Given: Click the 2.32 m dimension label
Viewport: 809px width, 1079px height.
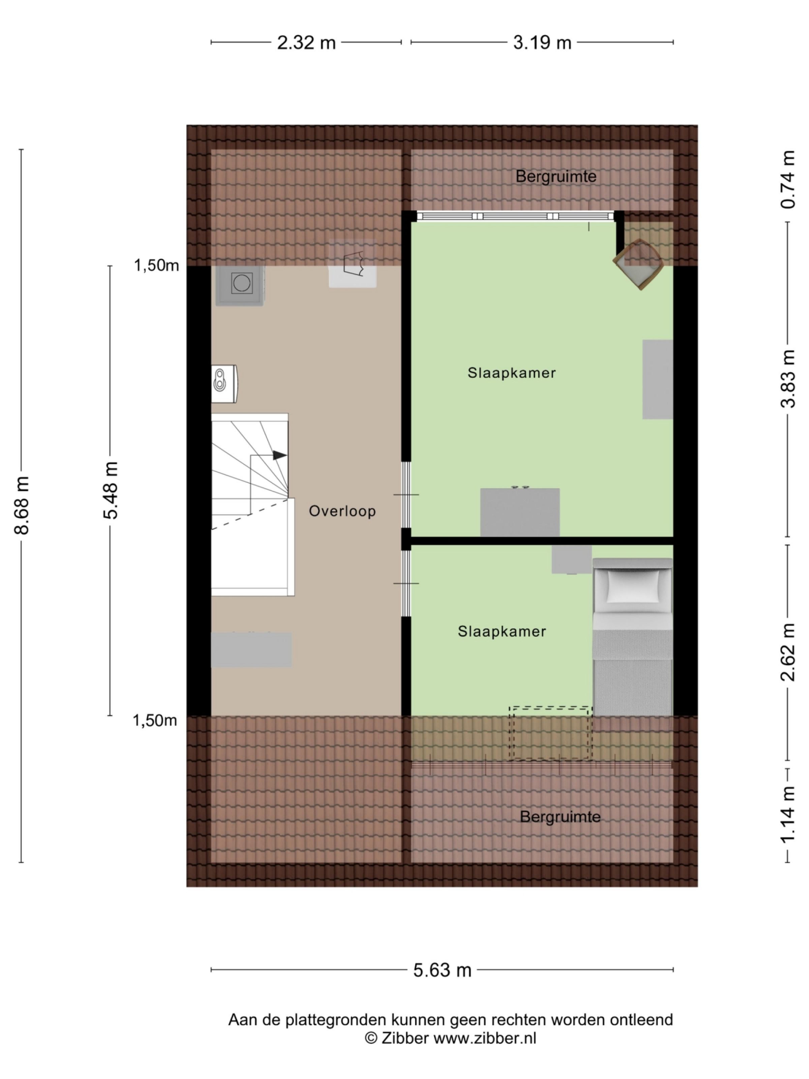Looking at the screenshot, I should tap(306, 43).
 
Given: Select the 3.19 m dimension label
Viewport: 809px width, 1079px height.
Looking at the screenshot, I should tap(542, 43).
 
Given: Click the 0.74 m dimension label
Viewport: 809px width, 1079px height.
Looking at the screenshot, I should tap(787, 179).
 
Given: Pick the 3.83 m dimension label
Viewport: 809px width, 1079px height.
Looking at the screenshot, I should tap(787, 379).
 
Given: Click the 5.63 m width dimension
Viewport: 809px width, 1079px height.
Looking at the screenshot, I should tap(442, 970).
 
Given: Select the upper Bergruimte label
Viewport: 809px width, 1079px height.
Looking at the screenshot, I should tap(556, 177).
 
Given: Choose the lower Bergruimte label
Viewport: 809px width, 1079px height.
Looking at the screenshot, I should tap(560, 817).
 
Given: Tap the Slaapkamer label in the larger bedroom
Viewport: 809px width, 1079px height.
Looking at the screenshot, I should tap(511, 373).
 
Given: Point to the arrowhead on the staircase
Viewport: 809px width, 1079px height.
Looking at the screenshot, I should tap(279, 455).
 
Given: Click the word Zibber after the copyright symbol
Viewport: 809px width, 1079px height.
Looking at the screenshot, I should tap(404, 1038).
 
